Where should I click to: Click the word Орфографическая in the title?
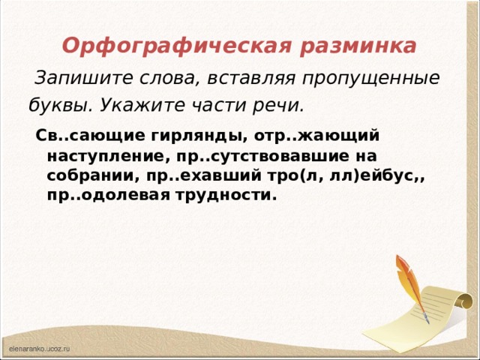click(173, 46)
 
